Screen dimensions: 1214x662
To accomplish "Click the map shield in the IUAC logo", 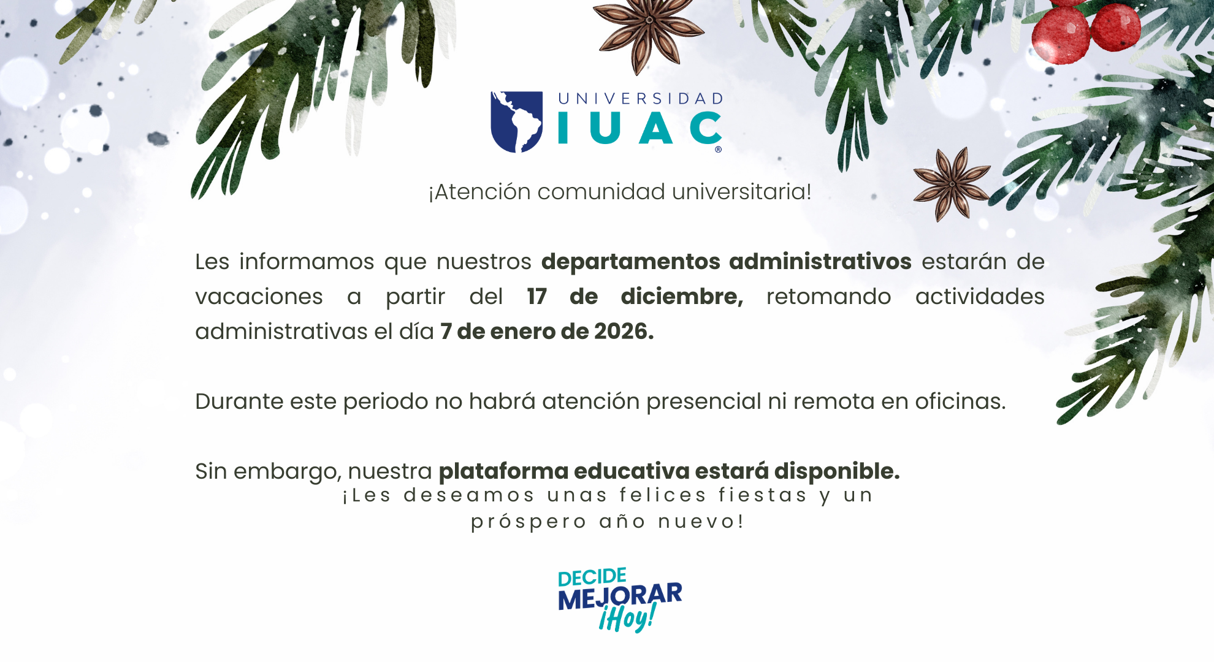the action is (516, 122).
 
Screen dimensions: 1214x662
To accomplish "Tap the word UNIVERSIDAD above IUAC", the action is (641, 99).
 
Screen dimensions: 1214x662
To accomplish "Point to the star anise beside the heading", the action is (952, 183).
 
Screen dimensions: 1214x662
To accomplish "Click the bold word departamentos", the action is (631, 262).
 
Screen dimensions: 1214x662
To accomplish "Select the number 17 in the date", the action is (536, 297).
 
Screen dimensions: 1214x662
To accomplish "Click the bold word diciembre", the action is (682, 297).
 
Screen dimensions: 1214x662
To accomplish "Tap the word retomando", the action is (828, 297).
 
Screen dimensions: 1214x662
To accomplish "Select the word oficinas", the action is (961, 401).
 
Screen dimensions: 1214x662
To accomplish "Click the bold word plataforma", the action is (503, 472).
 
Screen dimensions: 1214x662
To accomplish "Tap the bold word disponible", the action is (837, 472).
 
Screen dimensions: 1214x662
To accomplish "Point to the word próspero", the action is (529, 522).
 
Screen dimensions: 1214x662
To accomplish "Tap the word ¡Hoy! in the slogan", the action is (628, 617).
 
